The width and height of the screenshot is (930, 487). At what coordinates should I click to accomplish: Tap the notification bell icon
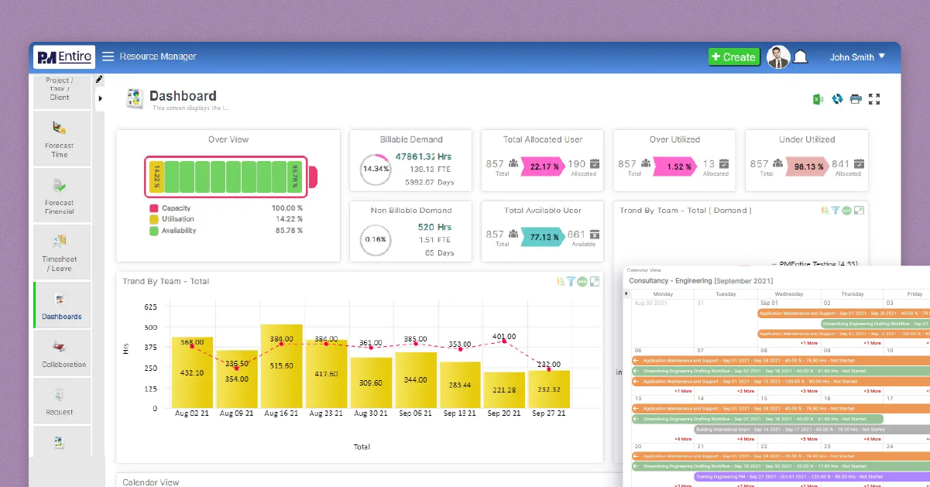point(800,57)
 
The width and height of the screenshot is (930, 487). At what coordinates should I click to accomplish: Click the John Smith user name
point(852,57)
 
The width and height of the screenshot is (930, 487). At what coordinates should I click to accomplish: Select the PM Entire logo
point(64,57)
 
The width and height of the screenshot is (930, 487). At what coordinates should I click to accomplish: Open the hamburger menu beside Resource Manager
point(108,57)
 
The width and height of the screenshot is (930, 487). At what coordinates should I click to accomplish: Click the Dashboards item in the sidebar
point(62,306)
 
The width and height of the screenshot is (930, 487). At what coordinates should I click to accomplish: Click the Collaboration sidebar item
point(63,354)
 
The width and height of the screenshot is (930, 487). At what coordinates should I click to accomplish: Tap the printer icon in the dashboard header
point(856,99)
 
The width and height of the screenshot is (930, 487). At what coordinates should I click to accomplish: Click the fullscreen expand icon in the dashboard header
point(875,99)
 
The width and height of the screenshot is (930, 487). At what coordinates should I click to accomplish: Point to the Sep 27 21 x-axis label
point(549,414)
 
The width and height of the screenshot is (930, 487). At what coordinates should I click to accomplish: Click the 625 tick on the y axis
point(151,307)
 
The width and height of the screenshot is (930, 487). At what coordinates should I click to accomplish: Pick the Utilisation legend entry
point(178,219)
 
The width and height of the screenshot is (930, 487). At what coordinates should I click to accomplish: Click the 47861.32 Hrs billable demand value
point(424,156)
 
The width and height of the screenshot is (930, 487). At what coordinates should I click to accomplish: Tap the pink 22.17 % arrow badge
point(545,166)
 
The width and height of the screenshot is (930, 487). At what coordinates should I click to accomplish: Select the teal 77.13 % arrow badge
point(545,237)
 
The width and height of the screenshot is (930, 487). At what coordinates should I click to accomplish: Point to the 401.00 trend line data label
point(504,337)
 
